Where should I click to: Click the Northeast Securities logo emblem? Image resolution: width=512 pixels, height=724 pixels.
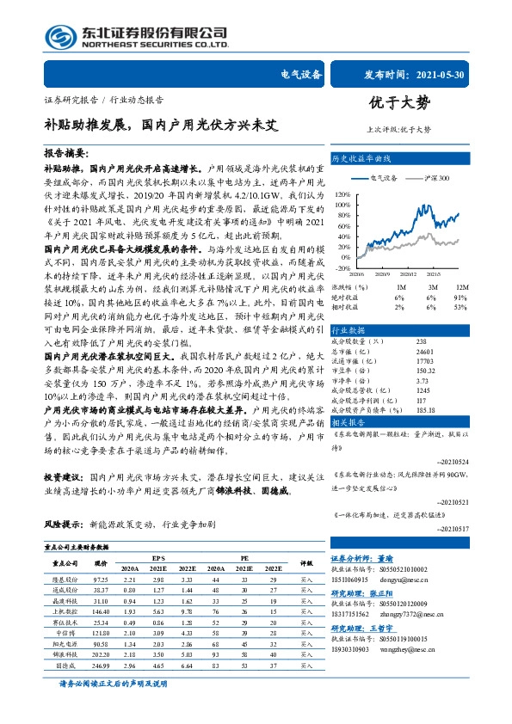pos(65,36)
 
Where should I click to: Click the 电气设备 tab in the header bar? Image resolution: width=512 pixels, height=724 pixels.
pos(302,75)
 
